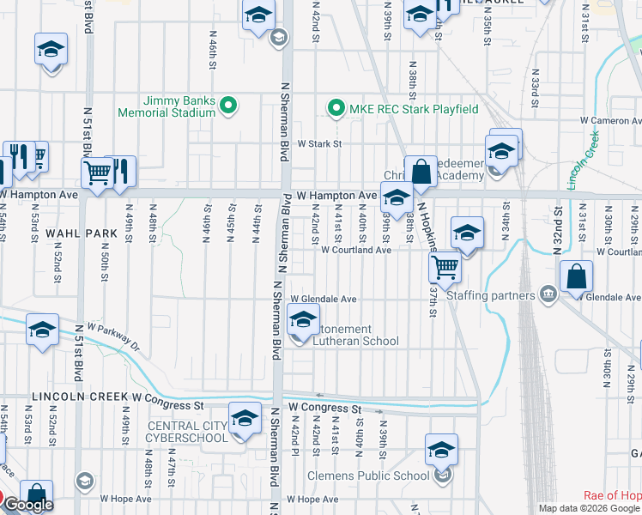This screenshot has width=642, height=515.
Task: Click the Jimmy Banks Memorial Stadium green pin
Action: click(228, 106)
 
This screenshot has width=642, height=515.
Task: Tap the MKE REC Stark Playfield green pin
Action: click(334, 109)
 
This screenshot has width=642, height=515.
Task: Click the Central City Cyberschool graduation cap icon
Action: click(245, 418)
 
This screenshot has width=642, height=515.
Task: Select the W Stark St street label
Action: click(319, 144)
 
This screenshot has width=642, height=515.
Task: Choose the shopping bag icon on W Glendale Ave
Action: click(576, 276)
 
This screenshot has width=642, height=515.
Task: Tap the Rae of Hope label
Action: click(612, 495)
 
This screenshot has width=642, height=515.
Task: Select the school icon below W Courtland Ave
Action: click(467, 234)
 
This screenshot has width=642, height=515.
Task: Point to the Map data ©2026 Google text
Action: click(588, 508)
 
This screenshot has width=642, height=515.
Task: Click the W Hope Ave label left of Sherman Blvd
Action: click(125, 499)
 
